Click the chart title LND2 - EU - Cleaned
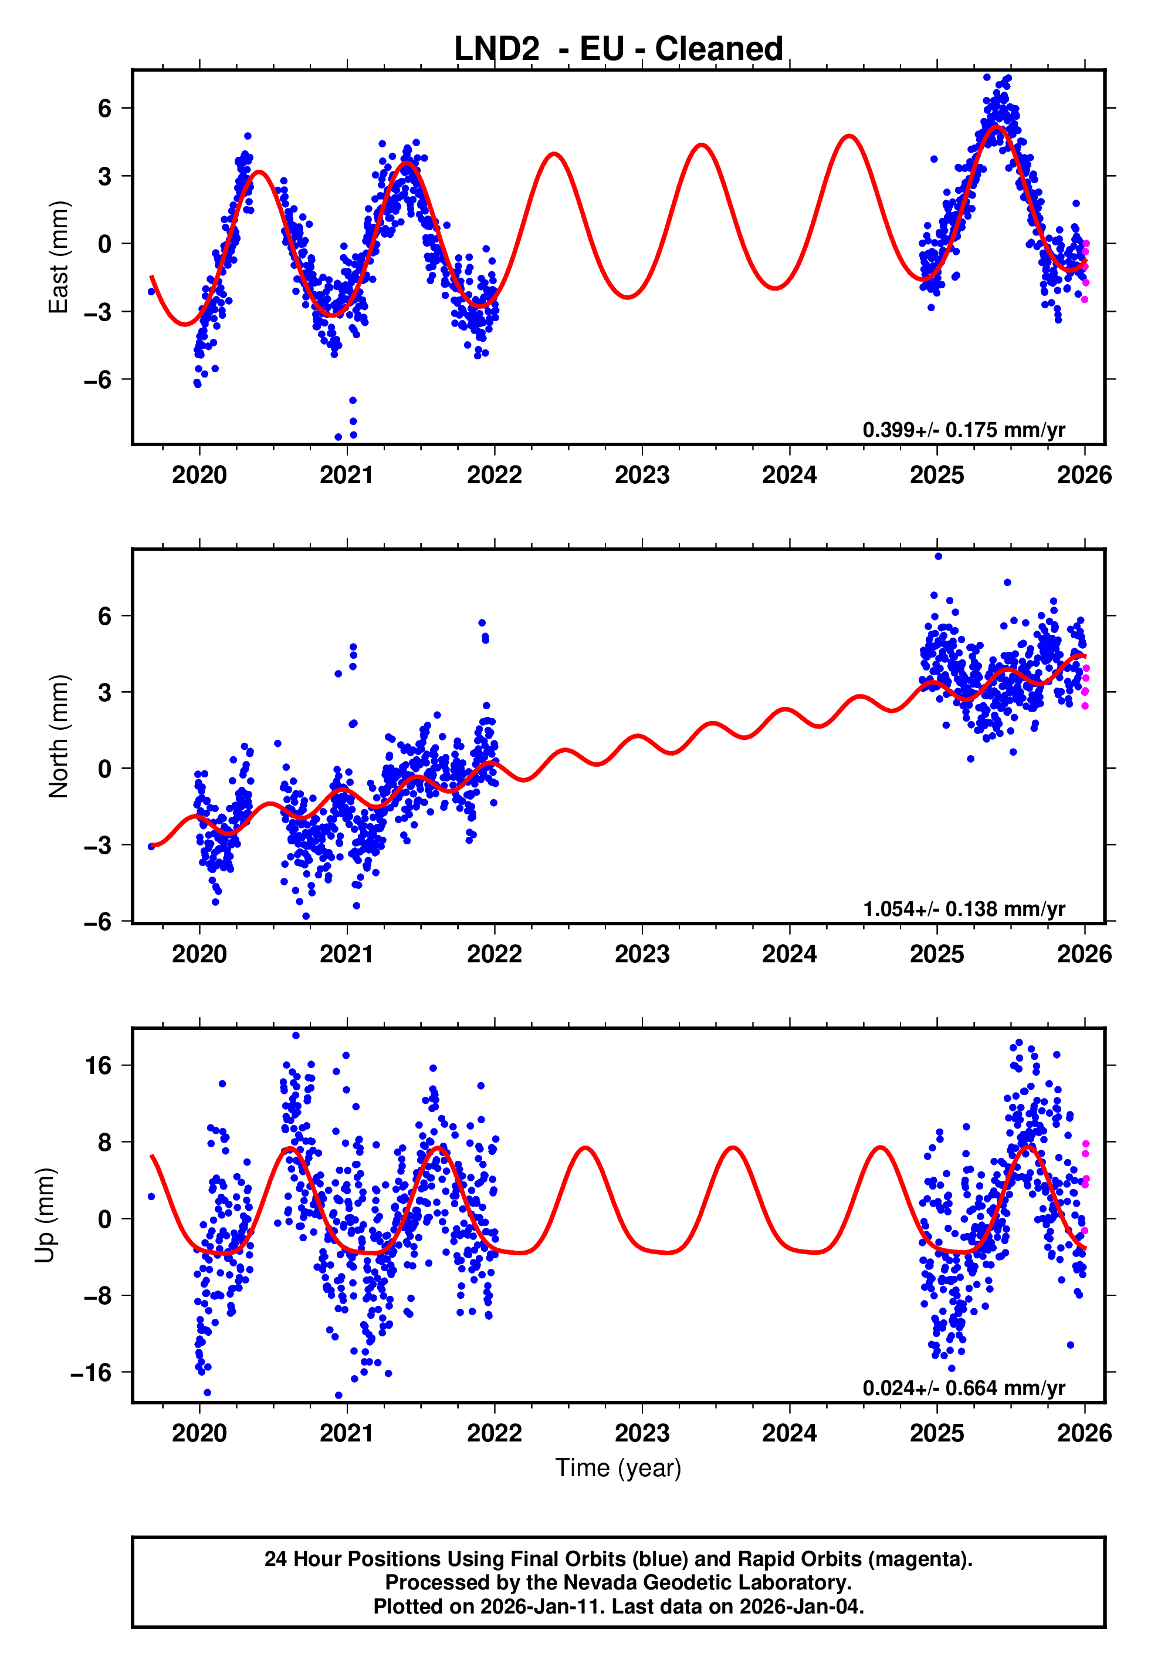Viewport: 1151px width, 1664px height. coord(618,49)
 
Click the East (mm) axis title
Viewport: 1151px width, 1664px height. coord(59,257)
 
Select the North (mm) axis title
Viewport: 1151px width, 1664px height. coord(59,736)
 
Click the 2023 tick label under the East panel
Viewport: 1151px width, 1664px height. coord(642,475)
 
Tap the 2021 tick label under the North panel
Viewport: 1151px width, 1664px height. coord(347,954)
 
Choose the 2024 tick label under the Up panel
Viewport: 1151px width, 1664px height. coord(789,1433)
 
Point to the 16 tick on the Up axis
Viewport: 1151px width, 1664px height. coord(99,1066)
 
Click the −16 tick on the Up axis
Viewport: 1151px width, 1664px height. coord(91,1372)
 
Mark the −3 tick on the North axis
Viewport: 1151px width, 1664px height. coord(97,845)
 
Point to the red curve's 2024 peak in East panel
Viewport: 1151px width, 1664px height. coord(849,136)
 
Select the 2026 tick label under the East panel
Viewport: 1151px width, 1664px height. coord(1084,475)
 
